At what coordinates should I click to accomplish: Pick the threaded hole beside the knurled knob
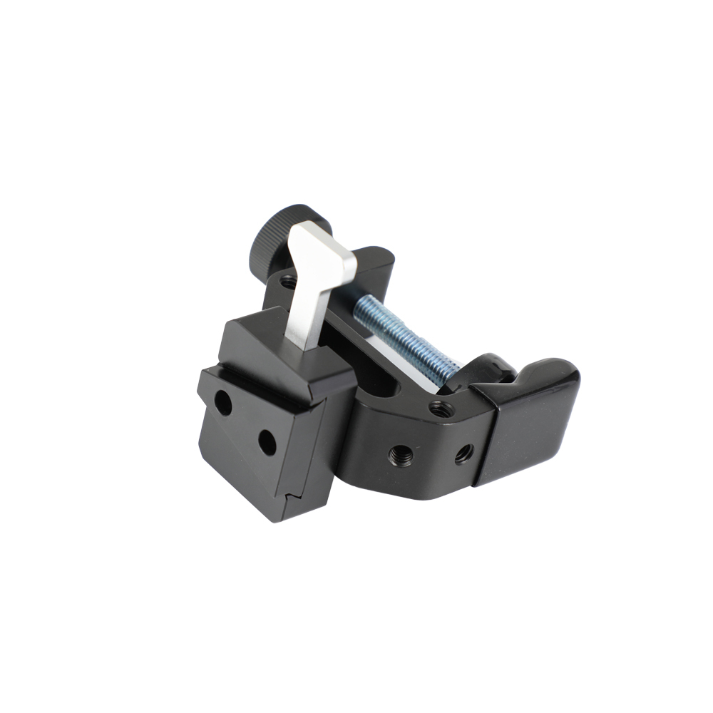[288, 282]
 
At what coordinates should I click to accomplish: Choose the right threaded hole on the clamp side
[463, 452]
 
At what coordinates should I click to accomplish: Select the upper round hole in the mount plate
[223, 404]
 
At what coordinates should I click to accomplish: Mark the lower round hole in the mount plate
[267, 443]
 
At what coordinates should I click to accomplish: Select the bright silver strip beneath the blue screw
[399, 360]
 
